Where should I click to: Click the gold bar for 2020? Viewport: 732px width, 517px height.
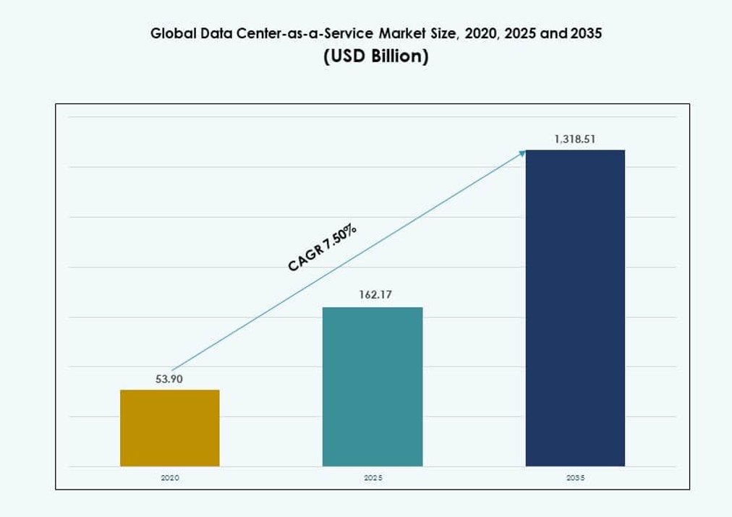coord(169,428)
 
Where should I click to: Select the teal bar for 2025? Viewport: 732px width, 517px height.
coord(373,387)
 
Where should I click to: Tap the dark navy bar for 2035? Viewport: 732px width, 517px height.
coord(575,308)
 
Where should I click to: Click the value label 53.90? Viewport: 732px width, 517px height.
coord(169,379)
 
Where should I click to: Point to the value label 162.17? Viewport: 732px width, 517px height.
coord(373,296)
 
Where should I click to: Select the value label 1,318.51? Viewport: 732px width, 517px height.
coord(575,139)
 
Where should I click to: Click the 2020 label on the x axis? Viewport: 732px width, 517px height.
coord(169,478)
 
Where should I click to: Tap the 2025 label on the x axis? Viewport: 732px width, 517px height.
coord(373,478)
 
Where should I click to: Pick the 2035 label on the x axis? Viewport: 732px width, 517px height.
coord(575,478)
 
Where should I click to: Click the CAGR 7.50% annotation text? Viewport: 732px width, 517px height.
coord(322,248)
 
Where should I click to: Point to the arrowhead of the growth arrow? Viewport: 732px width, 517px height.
coord(522,153)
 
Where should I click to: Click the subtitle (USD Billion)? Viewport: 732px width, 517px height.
coord(376,56)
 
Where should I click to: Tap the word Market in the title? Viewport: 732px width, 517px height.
coord(405,34)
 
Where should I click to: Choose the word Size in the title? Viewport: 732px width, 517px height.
coord(446,34)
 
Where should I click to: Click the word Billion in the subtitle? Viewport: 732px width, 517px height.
coord(396,56)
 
